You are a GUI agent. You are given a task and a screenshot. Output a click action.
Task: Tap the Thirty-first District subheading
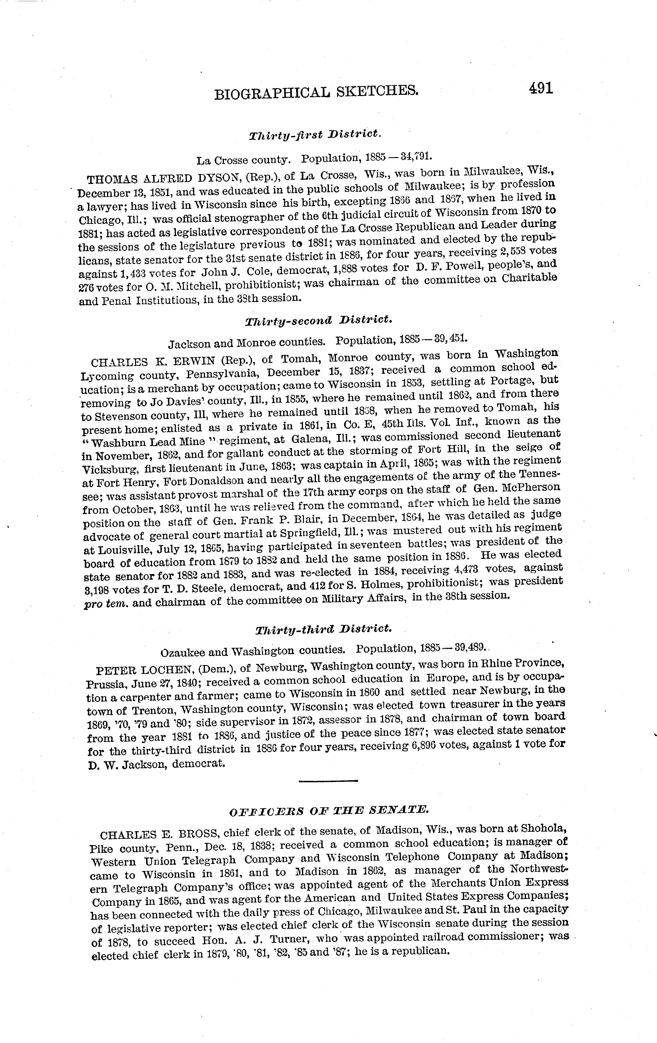[x=315, y=135]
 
